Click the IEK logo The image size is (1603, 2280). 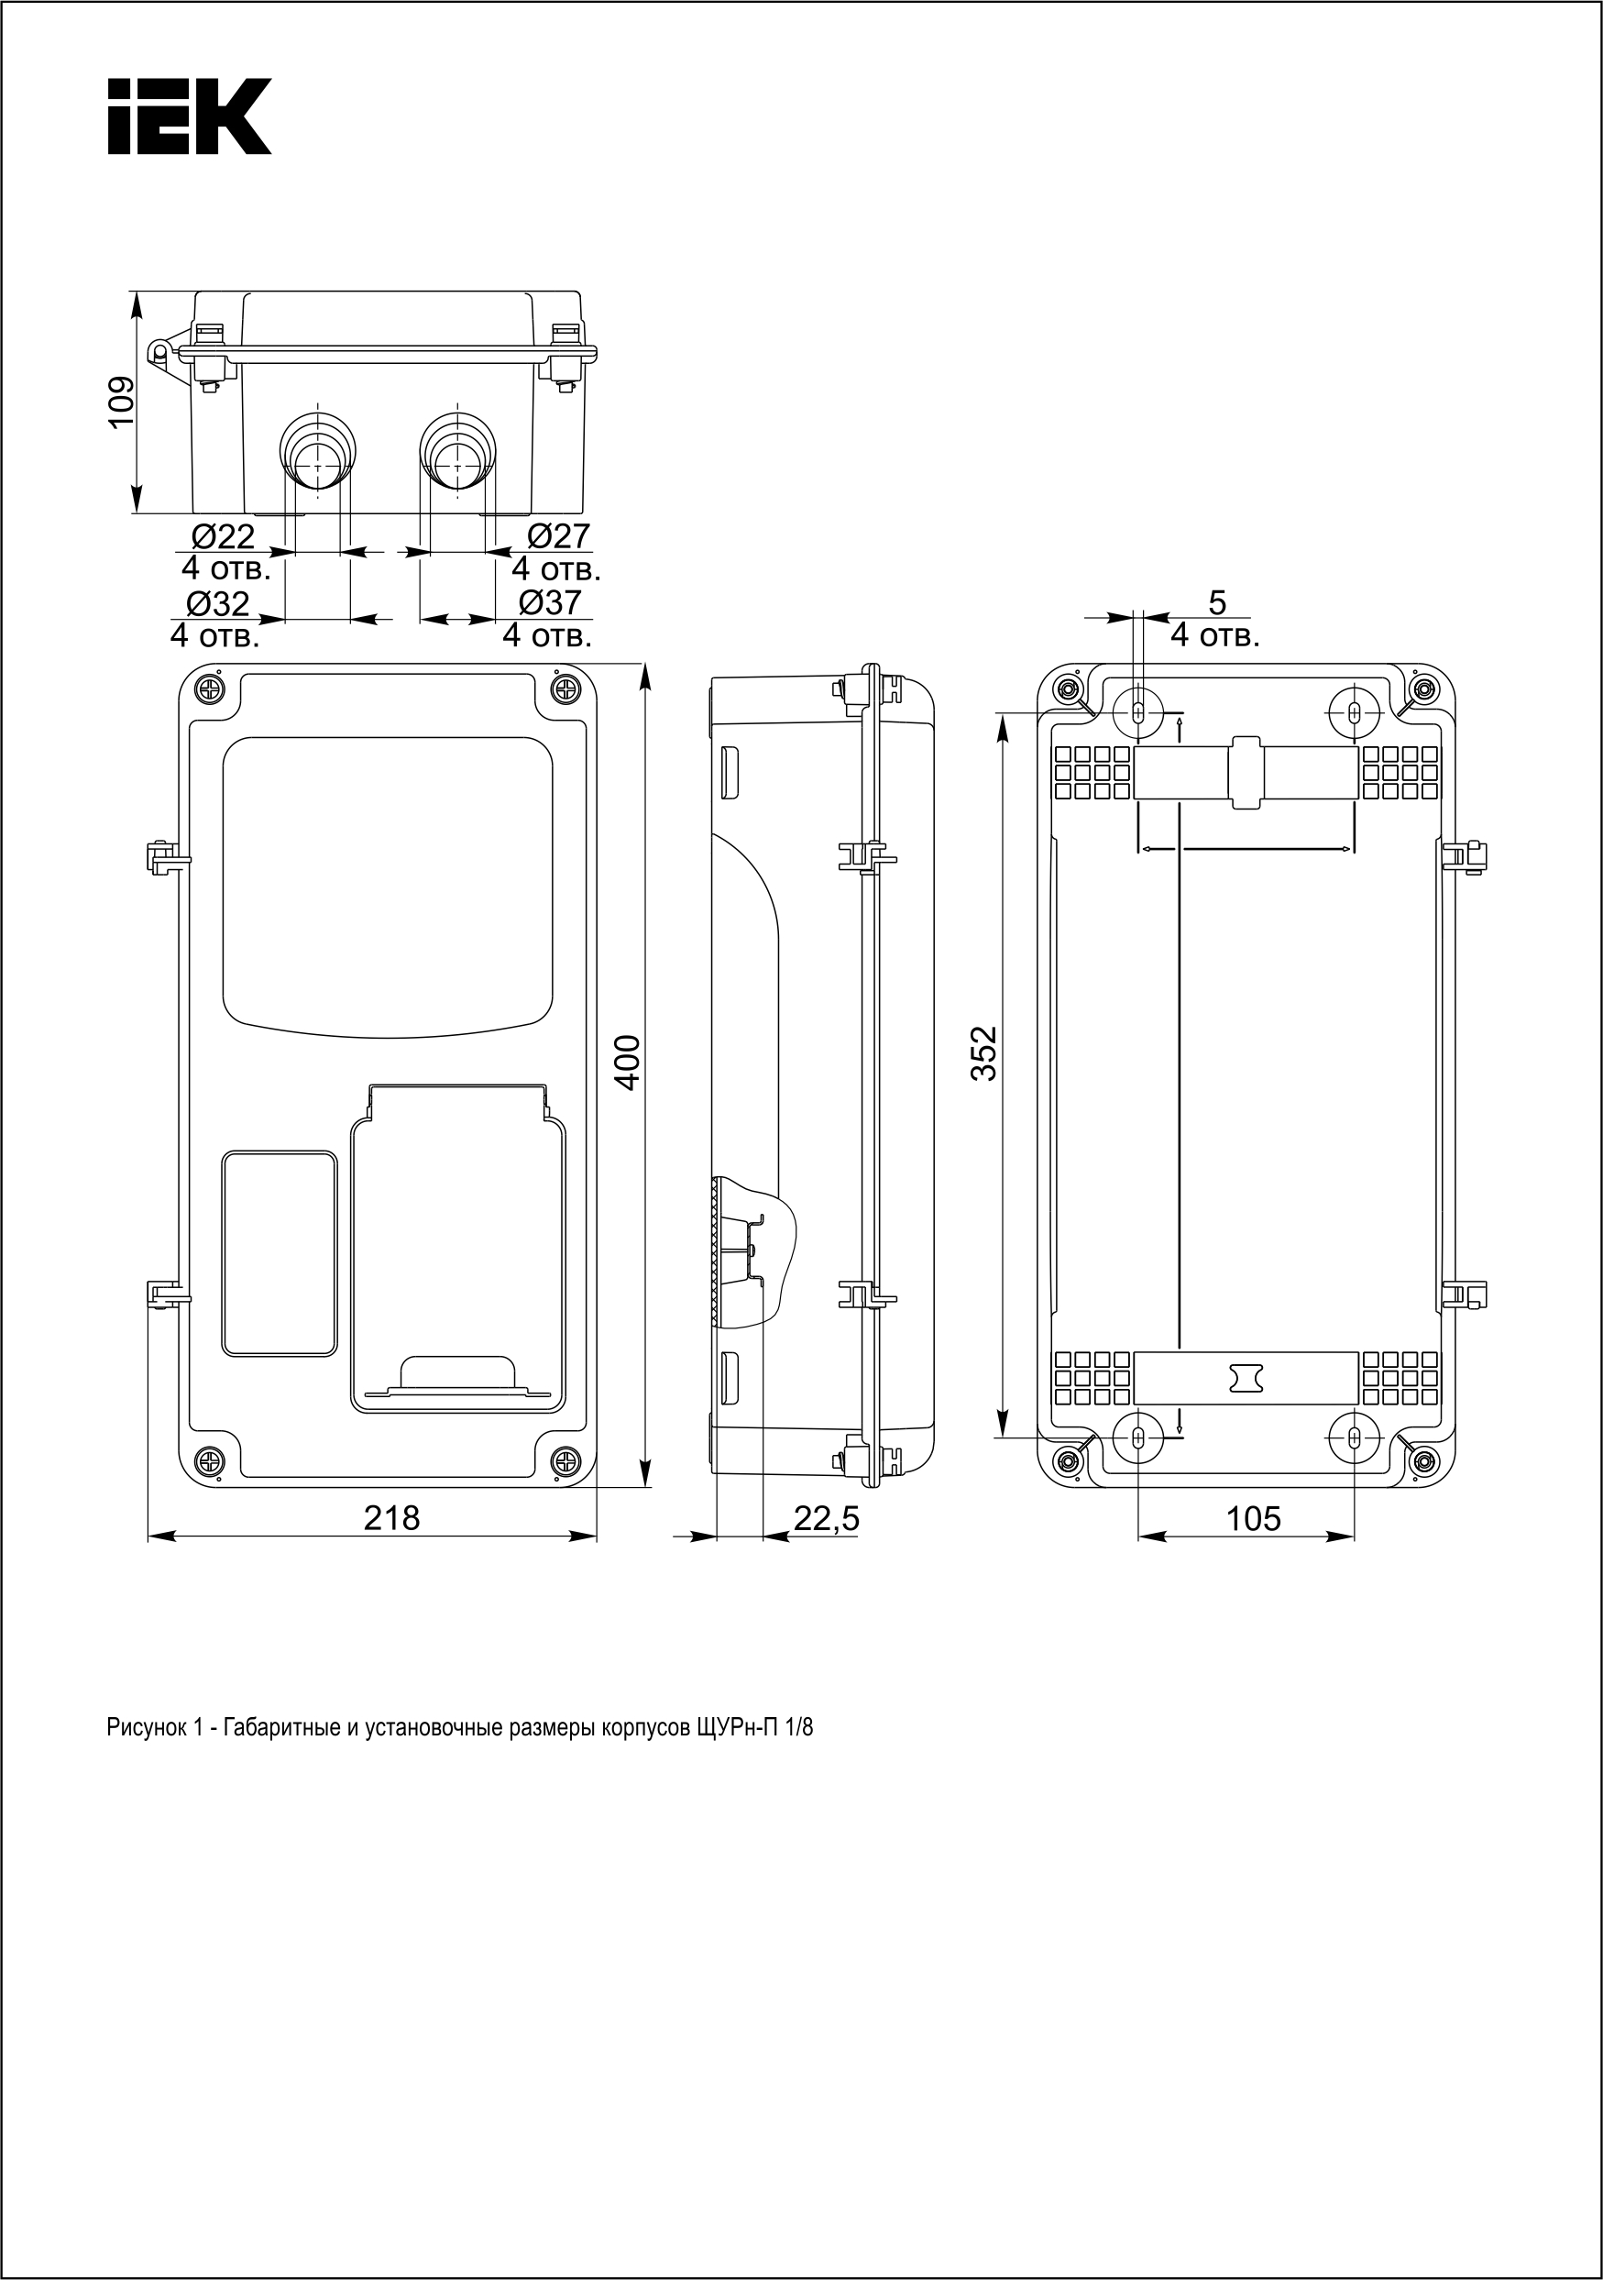point(189,116)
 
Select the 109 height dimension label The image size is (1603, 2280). point(120,402)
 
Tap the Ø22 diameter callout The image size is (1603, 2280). point(223,536)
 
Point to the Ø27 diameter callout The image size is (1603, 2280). point(558,536)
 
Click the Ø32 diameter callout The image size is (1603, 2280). point(217,602)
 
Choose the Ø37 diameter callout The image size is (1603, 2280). point(549,602)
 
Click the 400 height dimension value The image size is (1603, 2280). point(629,1063)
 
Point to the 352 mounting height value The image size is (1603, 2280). point(983,1052)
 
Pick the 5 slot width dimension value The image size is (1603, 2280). point(1217,602)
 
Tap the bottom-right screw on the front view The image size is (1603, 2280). point(565,1459)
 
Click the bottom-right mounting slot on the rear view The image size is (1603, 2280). point(1355,1437)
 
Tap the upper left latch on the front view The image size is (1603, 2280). point(162,856)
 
